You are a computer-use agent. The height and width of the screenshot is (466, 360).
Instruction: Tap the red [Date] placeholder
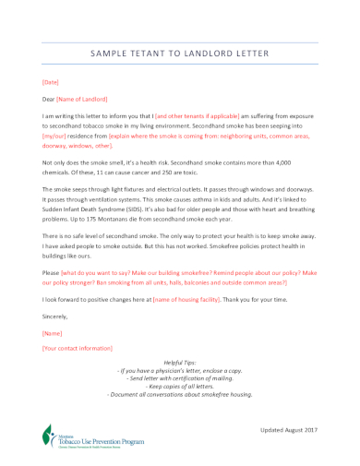pos(51,82)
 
